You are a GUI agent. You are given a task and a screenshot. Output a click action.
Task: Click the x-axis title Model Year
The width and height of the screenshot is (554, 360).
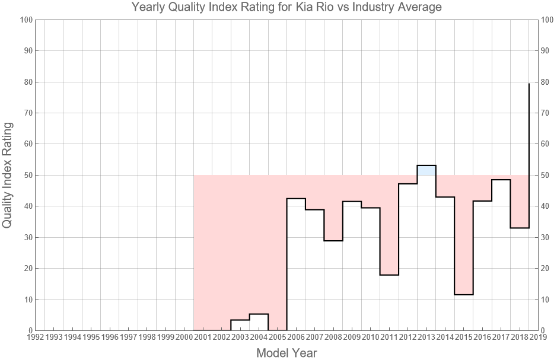click(286, 353)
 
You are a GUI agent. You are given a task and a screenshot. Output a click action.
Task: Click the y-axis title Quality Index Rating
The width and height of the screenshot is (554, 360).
click(8, 175)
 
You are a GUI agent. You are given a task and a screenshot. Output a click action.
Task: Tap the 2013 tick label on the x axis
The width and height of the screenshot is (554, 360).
click(426, 337)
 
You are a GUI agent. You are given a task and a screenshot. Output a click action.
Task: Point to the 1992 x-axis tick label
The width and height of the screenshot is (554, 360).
click(35, 337)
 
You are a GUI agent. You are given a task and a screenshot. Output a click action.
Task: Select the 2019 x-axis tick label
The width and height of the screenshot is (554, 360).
click(538, 337)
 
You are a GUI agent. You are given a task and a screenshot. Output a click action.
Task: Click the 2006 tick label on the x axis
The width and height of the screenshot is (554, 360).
click(296, 337)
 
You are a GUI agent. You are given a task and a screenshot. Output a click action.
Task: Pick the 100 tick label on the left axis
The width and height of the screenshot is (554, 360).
click(26, 20)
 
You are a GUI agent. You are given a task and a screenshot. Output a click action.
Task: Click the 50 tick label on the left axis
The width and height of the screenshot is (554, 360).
click(27, 175)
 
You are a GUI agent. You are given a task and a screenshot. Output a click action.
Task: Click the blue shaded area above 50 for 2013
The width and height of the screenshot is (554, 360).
click(426, 170)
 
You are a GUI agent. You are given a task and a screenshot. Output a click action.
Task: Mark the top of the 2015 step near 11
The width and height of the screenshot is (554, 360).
click(464, 294)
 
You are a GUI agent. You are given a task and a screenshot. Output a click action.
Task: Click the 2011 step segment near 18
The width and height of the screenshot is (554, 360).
click(389, 275)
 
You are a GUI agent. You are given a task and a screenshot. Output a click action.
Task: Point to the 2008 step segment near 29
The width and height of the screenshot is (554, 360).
click(333, 240)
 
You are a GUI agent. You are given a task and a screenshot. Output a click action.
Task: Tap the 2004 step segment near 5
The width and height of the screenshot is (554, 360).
click(259, 314)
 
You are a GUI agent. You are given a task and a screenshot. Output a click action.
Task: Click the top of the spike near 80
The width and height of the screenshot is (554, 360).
click(528, 84)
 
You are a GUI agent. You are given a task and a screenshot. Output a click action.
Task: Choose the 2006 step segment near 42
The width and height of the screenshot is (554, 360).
click(296, 199)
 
